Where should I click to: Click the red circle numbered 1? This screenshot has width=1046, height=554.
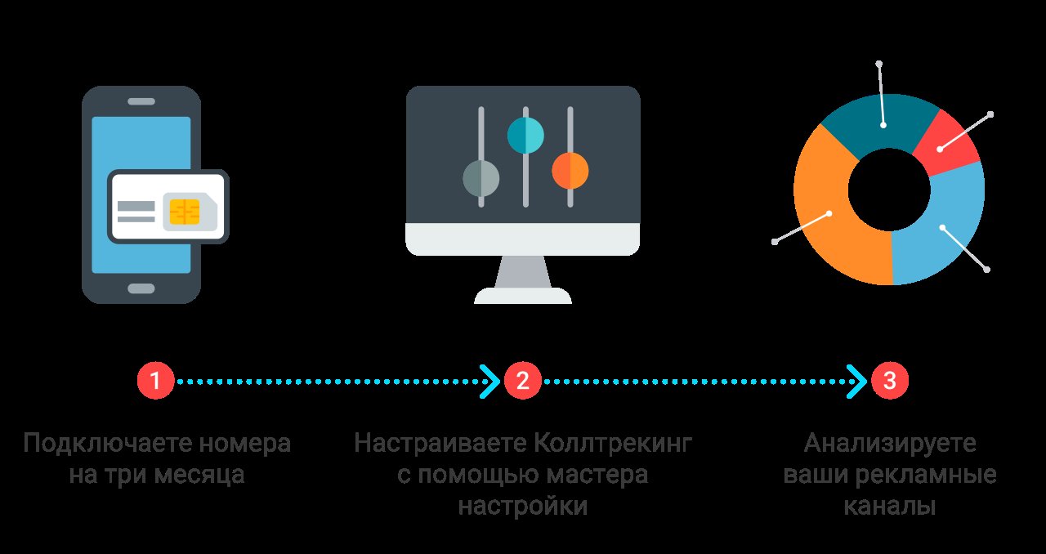[x=155, y=381]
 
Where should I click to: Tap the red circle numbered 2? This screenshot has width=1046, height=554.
[x=522, y=381]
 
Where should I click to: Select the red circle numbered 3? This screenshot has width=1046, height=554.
[x=890, y=381]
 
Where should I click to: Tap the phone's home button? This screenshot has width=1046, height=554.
[x=141, y=288]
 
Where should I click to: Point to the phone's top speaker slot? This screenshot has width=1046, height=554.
[x=141, y=101]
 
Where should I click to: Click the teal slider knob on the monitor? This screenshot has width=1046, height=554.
[x=525, y=136]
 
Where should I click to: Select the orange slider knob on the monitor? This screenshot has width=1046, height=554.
[x=570, y=170]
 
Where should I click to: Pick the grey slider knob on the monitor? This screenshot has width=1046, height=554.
[x=481, y=177]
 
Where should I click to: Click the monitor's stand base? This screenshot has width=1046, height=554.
[x=523, y=295]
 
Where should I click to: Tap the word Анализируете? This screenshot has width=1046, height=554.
[x=890, y=445]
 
